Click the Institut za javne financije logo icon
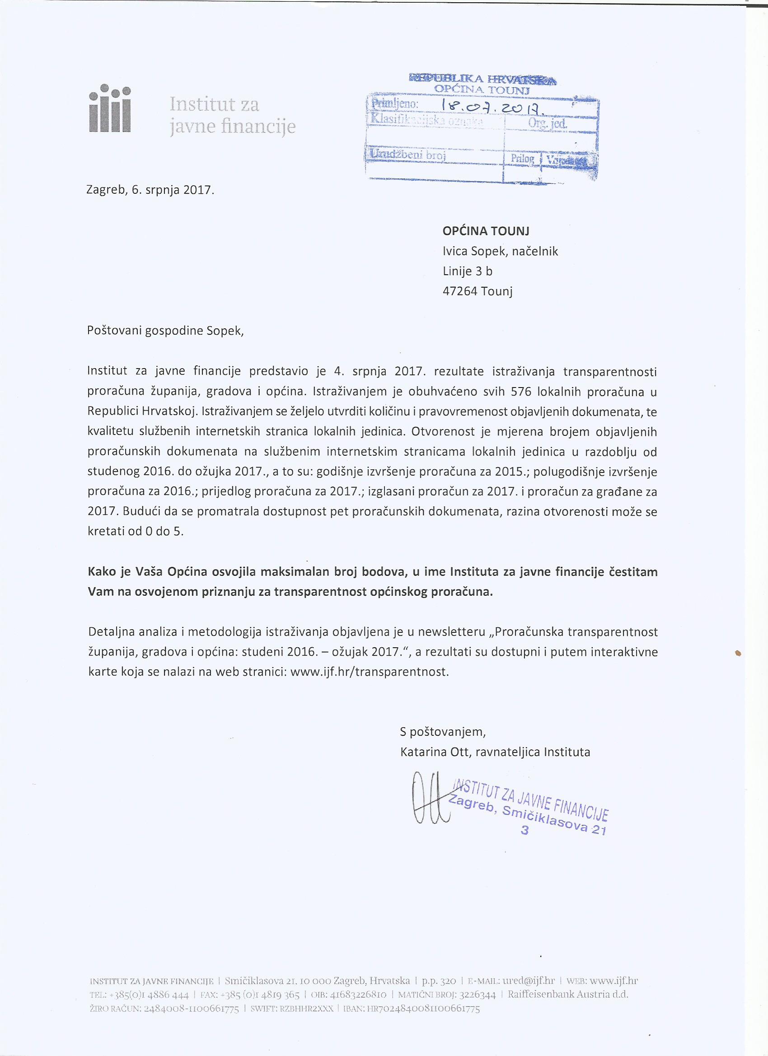coord(110,108)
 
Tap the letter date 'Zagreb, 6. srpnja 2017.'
coord(150,190)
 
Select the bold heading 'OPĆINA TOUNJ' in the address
coord(486,231)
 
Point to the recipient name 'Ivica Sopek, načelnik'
coord(500,252)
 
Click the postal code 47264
coord(460,291)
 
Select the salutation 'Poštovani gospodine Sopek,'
coord(165,331)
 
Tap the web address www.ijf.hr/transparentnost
coord(370,673)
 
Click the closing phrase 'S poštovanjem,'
coord(442,731)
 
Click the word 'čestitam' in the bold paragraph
coord(633,572)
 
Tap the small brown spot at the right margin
coord(737,653)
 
